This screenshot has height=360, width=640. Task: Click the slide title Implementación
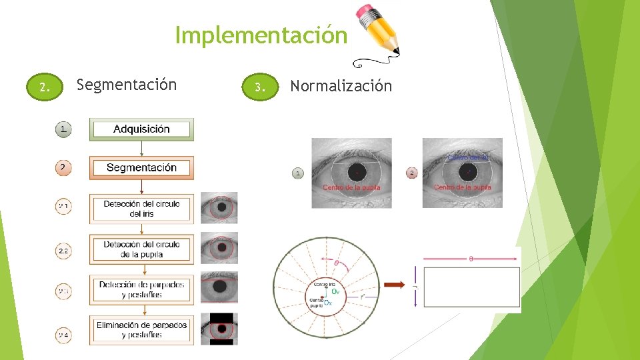tap(261, 35)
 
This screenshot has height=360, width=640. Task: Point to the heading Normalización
tap(341, 86)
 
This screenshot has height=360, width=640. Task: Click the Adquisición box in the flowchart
tap(141, 129)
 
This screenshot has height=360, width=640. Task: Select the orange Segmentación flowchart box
tap(141, 168)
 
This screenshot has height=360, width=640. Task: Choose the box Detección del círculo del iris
tap(141, 209)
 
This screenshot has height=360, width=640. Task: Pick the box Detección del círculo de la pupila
tap(141, 249)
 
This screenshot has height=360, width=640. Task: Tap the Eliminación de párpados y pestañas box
tap(141, 329)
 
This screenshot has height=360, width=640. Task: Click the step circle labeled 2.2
tap(63, 251)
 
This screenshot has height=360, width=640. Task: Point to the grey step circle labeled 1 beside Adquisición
tap(63, 129)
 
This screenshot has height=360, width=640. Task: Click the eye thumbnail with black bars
tap(219, 329)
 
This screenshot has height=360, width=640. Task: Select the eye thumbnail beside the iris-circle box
tap(219, 208)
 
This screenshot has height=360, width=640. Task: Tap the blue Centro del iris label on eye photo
tap(468, 158)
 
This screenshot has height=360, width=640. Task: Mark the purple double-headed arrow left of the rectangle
tap(415, 287)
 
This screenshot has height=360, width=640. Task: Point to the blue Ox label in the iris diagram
tap(328, 303)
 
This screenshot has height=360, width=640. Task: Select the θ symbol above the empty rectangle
tap(471, 259)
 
